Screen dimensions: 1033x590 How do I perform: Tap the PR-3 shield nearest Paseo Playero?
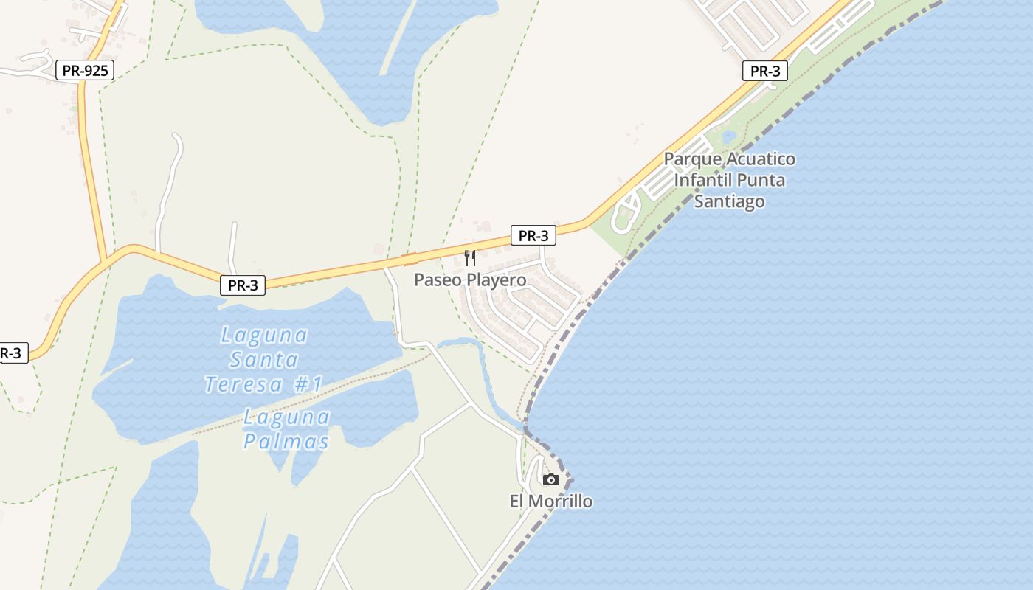click(x=533, y=236)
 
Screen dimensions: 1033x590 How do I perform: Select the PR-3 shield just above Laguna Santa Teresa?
click(x=242, y=285)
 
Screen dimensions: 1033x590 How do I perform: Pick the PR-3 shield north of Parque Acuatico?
click(x=764, y=72)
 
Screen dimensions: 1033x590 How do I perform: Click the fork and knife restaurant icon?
click(x=469, y=258)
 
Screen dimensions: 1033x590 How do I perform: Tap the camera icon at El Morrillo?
click(x=550, y=480)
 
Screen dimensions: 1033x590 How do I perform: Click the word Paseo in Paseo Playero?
click(x=435, y=280)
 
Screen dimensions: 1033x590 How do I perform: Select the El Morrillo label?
click(x=550, y=502)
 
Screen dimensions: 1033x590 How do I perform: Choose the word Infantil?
click(x=704, y=180)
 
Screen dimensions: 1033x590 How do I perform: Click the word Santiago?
click(x=729, y=201)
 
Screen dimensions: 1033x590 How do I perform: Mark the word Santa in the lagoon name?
click(x=263, y=360)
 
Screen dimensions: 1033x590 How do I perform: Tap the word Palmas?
click(x=286, y=442)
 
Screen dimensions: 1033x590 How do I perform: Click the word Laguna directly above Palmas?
click(x=286, y=417)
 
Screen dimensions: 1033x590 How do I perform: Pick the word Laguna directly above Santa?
click(x=263, y=336)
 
